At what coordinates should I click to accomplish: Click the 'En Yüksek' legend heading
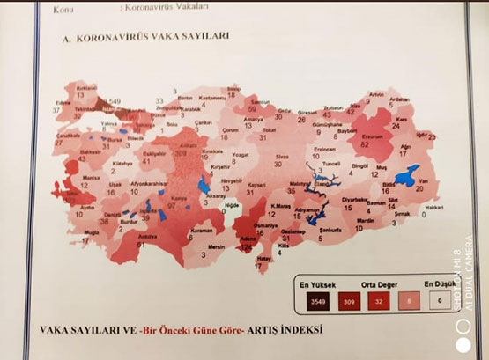314,283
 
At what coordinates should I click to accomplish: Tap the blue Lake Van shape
406,177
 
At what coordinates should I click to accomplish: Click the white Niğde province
232,206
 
